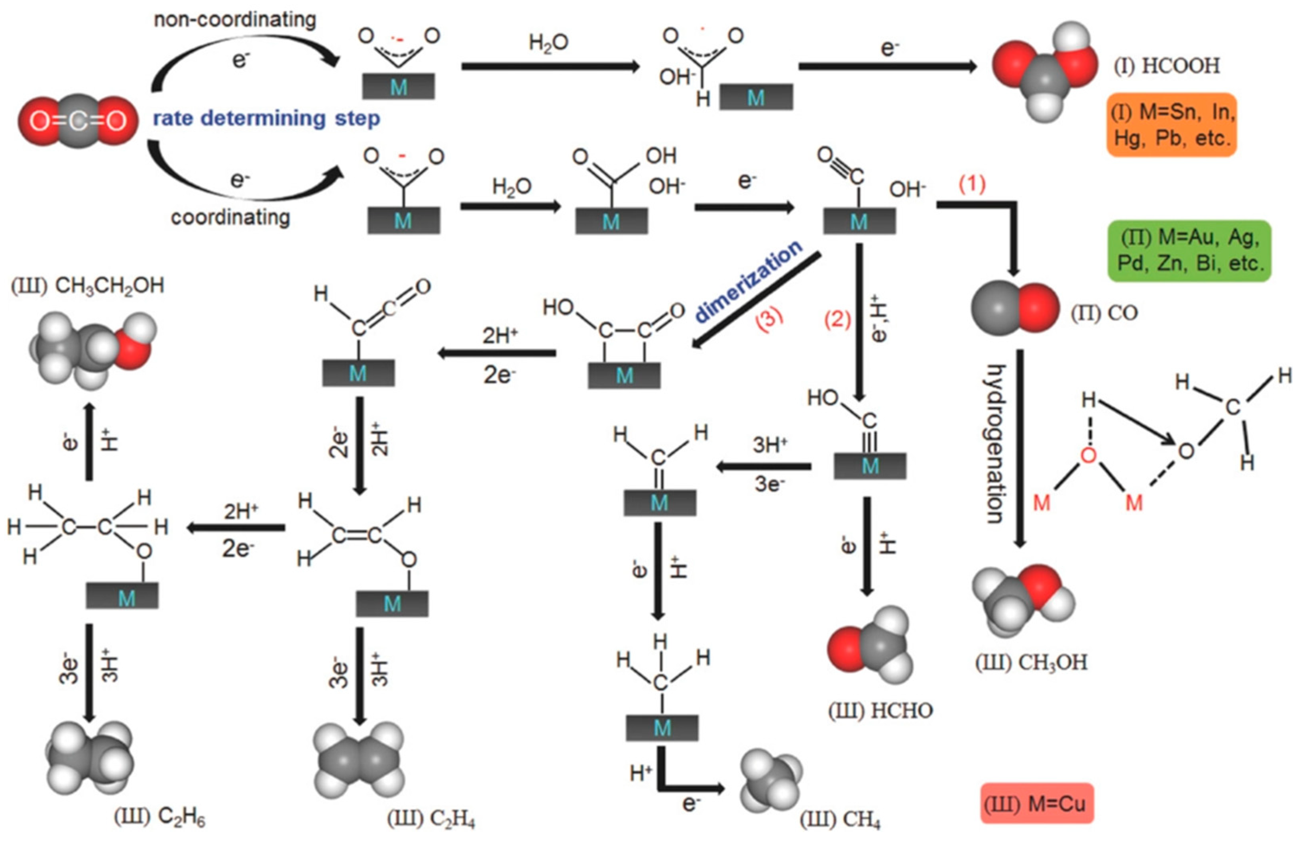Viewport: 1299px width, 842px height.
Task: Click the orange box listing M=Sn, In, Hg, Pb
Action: (1171, 125)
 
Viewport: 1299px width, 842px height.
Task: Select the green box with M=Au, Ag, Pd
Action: (1189, 251)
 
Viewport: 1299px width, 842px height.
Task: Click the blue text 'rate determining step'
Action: (266, 118)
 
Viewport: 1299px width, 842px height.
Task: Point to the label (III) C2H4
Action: (431, 818)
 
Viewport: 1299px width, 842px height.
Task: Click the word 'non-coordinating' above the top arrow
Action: (235, 20)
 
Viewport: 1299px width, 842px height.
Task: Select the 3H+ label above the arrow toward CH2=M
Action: (770, 445)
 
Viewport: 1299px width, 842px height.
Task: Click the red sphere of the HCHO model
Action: (845, 649)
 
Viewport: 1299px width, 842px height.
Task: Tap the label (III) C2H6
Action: (159, 817)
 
